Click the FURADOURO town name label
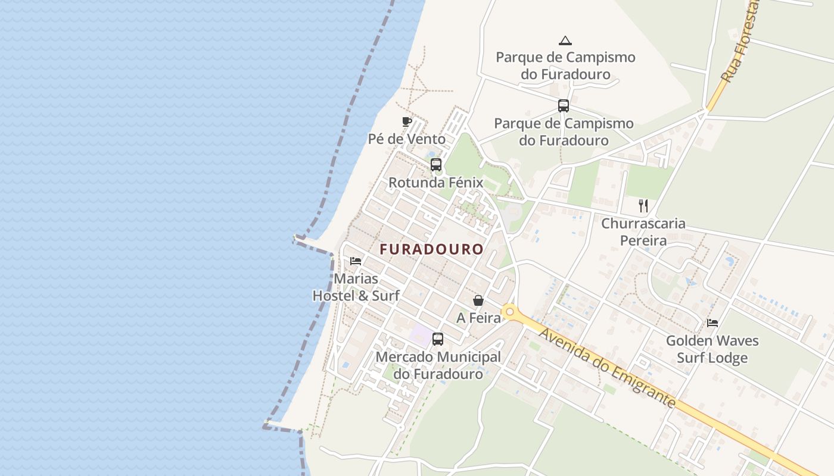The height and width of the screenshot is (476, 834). click(432, 249)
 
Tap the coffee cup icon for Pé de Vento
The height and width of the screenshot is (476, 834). click(407, 122)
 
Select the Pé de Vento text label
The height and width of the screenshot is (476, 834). click(407, 139)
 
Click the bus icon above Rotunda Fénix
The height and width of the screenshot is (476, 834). click(436, 165)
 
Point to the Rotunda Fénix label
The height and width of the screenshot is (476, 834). click(435, 182)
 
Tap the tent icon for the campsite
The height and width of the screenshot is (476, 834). click(565, 40)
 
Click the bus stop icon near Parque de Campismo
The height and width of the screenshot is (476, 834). click(564, 106)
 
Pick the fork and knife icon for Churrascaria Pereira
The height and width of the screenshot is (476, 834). click(643, 206)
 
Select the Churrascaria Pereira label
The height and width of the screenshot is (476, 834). click(643, 232)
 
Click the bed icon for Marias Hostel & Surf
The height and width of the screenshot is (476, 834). click(356, 261)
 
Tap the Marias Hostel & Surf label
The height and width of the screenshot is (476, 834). click(356, 287)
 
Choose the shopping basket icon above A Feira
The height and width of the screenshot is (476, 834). click(478, 300)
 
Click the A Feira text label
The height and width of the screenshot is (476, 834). click(478, 318)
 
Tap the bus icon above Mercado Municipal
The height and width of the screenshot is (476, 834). click(438, 339)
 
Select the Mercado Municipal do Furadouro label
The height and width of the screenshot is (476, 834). click(438, 365)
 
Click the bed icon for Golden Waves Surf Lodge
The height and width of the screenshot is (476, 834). click(712, 323)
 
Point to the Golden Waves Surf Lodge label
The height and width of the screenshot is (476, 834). click(712, 349)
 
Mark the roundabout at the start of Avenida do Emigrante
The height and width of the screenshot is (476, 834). click(509, 311)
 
